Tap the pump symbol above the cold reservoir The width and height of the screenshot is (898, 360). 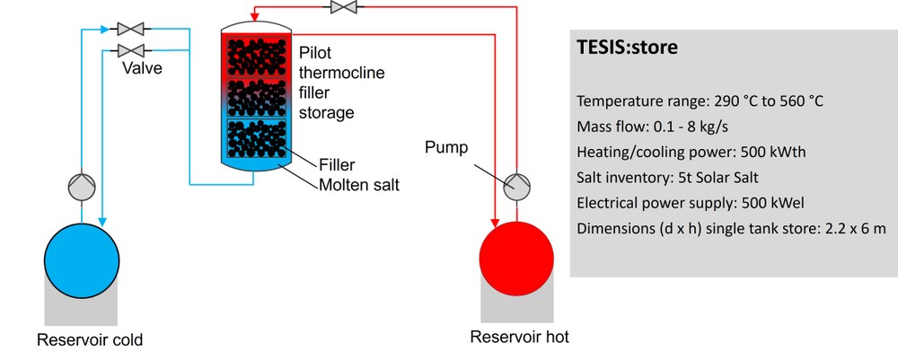[x=82, y=186]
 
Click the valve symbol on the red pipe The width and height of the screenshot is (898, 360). [x=342, y=8]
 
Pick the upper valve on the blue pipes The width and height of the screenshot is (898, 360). [x=132, y=28]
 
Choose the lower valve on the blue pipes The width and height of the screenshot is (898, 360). [x=132, y=49]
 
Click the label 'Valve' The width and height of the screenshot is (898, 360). [x=144, y=68]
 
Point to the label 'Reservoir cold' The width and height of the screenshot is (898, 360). [x=90, y=340]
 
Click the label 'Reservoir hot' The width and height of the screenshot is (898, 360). [x=519, y=338]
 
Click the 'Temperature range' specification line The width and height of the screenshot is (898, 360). [x=700, y=101]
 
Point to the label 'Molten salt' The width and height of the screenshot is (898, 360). [x=357, y=185]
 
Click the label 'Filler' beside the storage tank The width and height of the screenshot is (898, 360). [x=337, y=165]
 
